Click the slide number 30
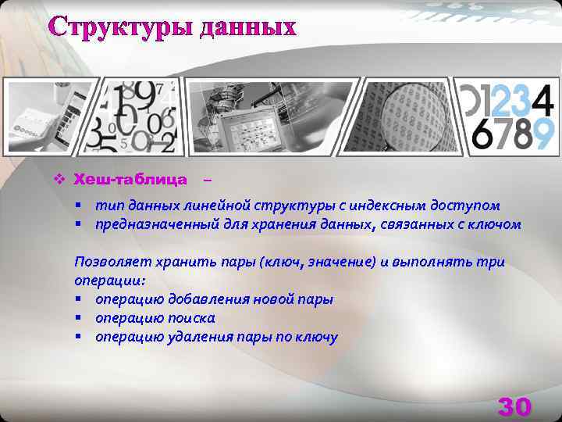[x=514, y=406]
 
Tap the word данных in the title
[x=248, y=27]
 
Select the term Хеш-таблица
[x=130, y=180]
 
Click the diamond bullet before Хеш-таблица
[x=59, y=180]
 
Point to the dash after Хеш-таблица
[x=206, y=181]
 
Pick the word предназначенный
[x=148, y=225]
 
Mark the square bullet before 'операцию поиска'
[x=79, y=318]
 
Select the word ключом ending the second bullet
[x=496, y=225]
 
